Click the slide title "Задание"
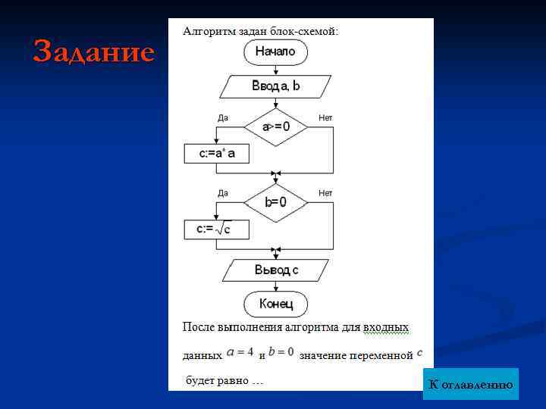coord(94,52)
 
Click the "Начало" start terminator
coord(275,52)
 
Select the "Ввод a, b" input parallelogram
coord(276,86)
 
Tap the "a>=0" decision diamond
coord(275,126)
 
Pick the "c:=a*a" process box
coord(216,154)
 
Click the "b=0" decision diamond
coord(275,202)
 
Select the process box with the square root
coord(216,229)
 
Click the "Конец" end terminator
coord(275,304)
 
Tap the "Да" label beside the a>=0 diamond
coord(223,118)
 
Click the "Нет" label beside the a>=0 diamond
coord(325,118)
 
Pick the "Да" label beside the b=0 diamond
coord(223,193)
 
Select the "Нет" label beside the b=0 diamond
coord(325,193)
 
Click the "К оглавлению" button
coord(470,385)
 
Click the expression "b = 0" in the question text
coord(281,352)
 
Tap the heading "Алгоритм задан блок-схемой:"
coord(260,32)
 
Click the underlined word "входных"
coord(386,327)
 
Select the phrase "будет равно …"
coord(224,379)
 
